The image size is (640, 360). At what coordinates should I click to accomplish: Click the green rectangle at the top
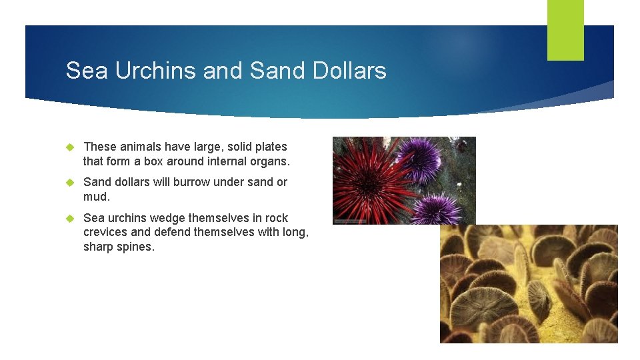tap(565, 30)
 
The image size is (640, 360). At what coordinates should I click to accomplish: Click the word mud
tap(96, 197)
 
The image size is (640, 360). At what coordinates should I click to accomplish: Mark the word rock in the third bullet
tap(277, 218)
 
